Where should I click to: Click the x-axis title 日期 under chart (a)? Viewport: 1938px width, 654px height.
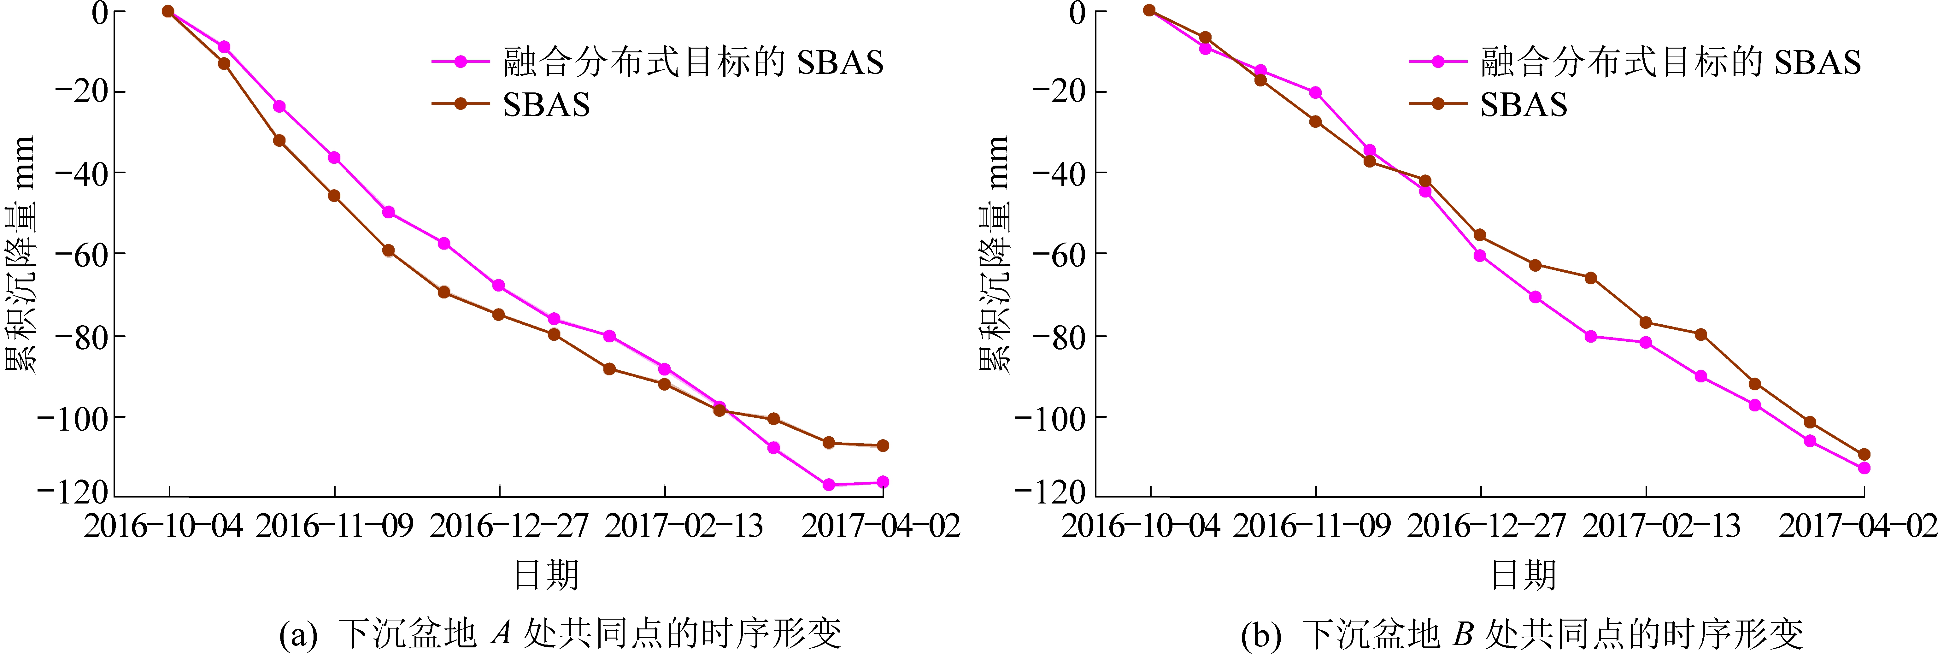(x=546, y=576)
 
